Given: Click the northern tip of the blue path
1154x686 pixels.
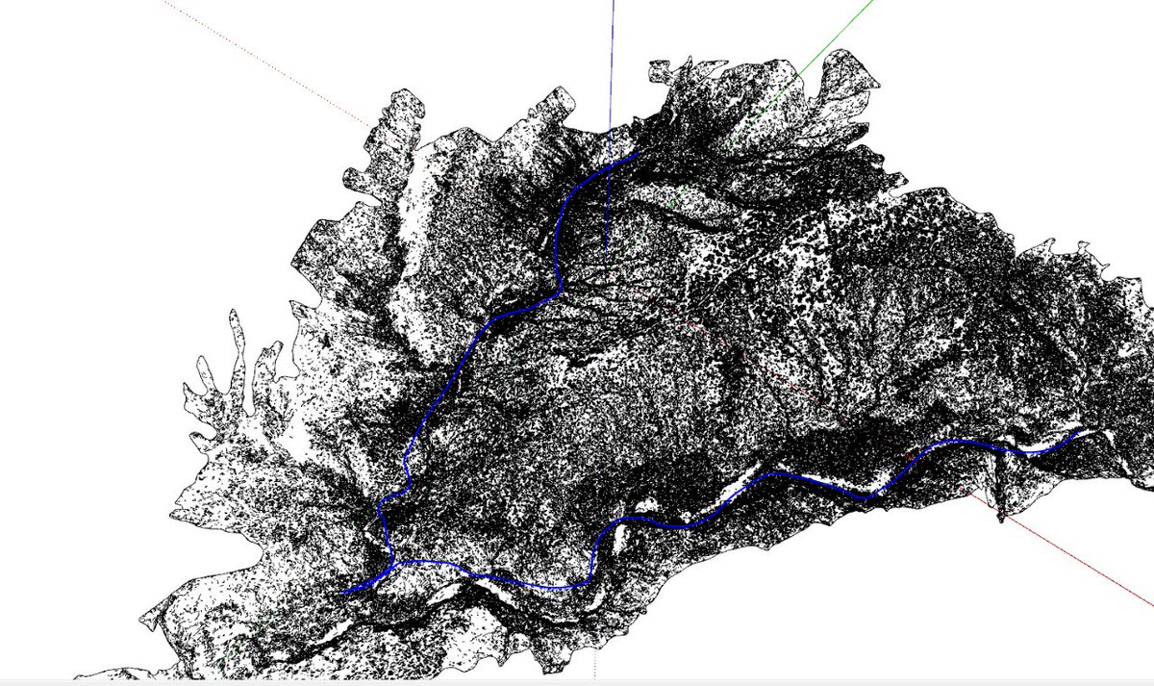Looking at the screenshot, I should pyautogui.click(x=637, y=152).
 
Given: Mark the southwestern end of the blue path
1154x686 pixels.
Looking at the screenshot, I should pyautogui.click(x=343, y=593).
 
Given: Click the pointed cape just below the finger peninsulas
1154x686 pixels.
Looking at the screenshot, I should pyautogui.click(x=174, y=515).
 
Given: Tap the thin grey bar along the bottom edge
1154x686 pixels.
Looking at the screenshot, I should pyautogui.click(x=577, y=682).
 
